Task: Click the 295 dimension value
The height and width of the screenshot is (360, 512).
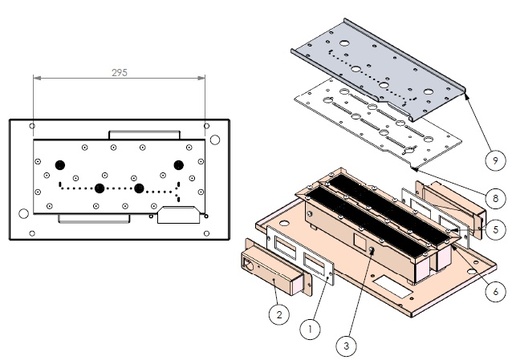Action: pyautogui.click(x=119, y=72)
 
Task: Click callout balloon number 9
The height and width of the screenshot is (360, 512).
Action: pyautogui.click(x=495, y=160)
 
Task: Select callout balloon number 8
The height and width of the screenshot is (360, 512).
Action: pyautogui.click(x=495, y=198)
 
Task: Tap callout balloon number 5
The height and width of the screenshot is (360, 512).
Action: pyautogui.click(x=495, y=229)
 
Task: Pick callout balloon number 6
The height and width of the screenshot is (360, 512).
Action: pyautogui.click(x=495, y=292)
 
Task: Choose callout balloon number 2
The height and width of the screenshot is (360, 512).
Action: pyautogui.click(x=279, y=314)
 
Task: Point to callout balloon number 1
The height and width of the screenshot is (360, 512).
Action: pyautogui.click(x=310, y=329)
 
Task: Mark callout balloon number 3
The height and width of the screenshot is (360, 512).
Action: pyautogui.click(x=346, y=346)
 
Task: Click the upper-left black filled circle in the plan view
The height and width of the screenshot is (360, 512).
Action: pyautogui.click(x=60, y=165)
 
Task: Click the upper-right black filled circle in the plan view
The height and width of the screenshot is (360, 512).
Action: pyautogui.click(x=179, y=165)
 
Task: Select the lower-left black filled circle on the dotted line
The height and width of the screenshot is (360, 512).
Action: pyautogui.click(x=99, y=188)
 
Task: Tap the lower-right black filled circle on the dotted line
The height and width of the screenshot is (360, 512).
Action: pyautogui.click(x=139, y=188)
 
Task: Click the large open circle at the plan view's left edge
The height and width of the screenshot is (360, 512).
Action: pyautogui.click(x=23, y=213)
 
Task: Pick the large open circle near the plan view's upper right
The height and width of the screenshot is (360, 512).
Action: pyautogui.click(x=215, y=140)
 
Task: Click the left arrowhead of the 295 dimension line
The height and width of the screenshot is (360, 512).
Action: pyautogui.click(x=37, y=78)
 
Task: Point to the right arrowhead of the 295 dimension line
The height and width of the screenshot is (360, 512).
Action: pyautogui.click(x=201, y=78)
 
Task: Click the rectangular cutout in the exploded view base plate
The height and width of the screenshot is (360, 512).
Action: pyautogui.click(x=393, y=287)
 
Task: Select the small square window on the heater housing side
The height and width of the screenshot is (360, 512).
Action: pyautogui.click(x=360, y=240)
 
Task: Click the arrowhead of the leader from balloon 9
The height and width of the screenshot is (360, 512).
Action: pyautogui.click(x=467, y=96)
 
